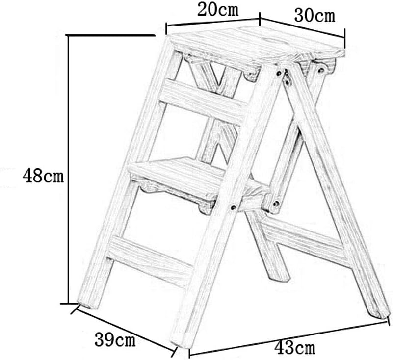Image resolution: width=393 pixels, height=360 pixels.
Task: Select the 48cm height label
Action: coord(43,175)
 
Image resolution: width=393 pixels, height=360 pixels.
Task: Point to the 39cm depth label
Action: coord(114,338)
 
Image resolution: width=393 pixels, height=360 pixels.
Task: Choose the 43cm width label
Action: coord(294,349)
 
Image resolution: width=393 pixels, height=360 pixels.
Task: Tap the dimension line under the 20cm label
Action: coord(212,22)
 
